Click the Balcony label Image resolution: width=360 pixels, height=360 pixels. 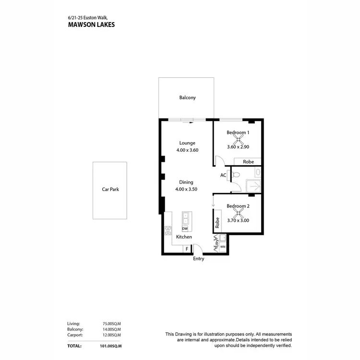[x=188, y=97]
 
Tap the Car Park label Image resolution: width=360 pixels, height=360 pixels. [x=110, y=189]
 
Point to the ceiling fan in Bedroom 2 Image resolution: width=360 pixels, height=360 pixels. [x=238, y=215]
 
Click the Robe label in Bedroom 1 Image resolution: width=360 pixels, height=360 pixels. [x=248, y=162]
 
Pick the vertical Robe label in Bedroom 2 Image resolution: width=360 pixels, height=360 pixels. [x=217, y=223]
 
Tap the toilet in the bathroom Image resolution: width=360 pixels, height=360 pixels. [x=236, y=175]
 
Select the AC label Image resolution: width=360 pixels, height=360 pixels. [x=223, y=175]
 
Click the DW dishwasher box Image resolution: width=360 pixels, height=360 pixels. [x=185, y=228]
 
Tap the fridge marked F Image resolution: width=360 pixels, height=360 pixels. [x=186, y=249]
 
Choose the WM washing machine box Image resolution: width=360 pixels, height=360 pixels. [x=223, y=247]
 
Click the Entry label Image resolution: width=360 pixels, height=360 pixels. [x=199, y=259]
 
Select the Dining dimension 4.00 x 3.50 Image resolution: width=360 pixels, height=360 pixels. [x=186, y=189]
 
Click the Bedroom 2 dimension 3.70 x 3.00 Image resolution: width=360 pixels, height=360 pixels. [x=238, y=220]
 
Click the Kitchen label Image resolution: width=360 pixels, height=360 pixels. [x=184, y=237]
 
